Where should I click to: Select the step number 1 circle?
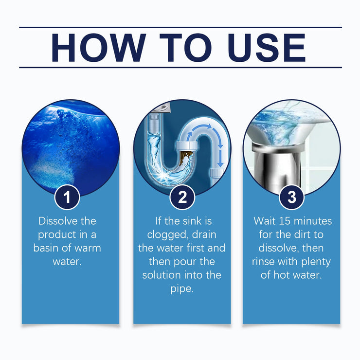click(71, 198)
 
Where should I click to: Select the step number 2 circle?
click(182, 198)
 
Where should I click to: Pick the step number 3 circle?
click(292, 198)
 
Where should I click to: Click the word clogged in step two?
click(161, 234)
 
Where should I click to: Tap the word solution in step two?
click(162, 275)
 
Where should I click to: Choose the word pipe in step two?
click(182, 288)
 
